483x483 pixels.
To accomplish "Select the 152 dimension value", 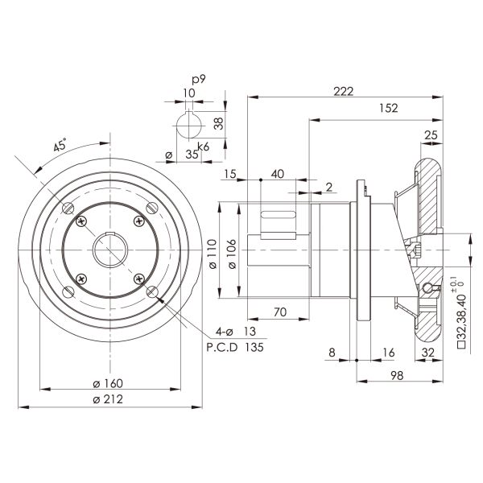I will coord(387,107).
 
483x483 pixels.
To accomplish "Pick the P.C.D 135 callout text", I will coord(230,347).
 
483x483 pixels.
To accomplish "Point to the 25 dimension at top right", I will coord(430,135).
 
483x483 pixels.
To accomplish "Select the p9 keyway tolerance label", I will coord(197,80).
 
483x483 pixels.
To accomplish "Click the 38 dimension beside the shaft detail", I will coord(218,124).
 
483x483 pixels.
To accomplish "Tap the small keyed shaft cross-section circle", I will coord(188,127).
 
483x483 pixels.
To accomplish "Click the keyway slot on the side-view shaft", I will coord(278,215).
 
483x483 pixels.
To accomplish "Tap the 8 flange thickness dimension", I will coord(331,352).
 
